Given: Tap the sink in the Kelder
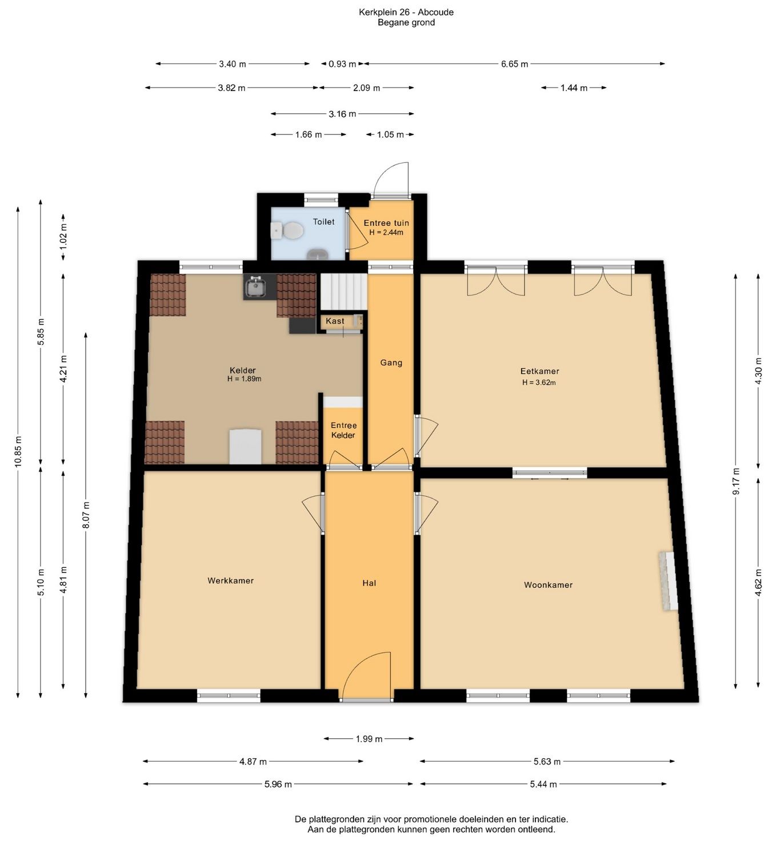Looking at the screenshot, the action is tap(255, 286).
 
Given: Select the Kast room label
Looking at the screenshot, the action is tap(335, 321).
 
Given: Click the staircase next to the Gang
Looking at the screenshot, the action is tap(343, 292).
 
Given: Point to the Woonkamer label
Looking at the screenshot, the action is tap(548, 585).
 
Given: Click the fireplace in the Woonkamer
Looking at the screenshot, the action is tap(668, 580).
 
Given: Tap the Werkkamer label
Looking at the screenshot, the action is tap(230, 580).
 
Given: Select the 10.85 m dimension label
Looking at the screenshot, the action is tap(18, 452).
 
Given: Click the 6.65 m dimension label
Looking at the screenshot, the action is tap(514, 64).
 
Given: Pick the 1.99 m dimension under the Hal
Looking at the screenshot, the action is tap(369, 739).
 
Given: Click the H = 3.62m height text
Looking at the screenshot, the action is tap(539, 382).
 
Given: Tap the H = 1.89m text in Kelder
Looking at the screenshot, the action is tap(244, 379).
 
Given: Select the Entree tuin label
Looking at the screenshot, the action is tap(386, 223).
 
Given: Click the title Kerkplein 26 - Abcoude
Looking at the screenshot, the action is tap(406, 13).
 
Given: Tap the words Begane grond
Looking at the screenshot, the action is tap(406, 22).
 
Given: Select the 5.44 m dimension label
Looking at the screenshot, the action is tap(543, 784).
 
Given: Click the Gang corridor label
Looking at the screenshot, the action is tap(391, 363).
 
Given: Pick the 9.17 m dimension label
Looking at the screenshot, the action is tap(736, 481).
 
